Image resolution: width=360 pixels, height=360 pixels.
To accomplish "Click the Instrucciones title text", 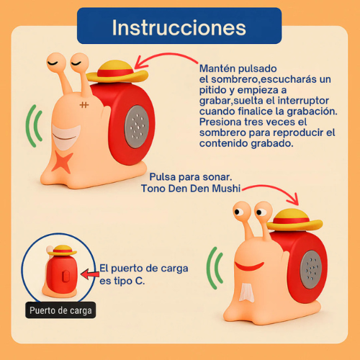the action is click(179, 27).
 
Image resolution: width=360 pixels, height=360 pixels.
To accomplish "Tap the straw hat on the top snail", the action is click(117, 71).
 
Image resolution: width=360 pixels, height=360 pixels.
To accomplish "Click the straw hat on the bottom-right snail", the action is click(294, 220).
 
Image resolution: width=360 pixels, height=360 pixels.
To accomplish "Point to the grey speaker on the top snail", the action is click(137, 127).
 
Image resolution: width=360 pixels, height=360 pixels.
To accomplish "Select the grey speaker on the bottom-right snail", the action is click(311, 269).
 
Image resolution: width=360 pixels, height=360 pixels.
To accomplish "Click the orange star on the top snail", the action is click(62, 161).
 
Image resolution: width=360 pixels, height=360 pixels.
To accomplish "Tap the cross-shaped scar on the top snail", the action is click(84, 105).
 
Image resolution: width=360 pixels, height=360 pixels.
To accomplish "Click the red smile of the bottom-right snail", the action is click(249, 266).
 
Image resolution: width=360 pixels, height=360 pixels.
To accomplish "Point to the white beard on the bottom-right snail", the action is click(246, 292).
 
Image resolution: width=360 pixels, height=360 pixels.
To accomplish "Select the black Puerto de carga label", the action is click(60, 310).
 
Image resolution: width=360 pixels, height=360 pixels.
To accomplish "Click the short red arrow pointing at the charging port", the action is click(90, 274).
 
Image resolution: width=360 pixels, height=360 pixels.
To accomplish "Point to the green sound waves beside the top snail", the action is click(34, 126).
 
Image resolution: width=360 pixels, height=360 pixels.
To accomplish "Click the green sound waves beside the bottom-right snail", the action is click(215, 269).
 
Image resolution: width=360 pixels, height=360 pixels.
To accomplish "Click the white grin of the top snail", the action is click(66, 138).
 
